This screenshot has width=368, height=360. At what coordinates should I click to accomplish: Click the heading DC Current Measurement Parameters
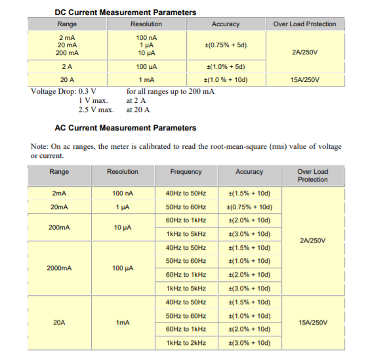pos(125,12)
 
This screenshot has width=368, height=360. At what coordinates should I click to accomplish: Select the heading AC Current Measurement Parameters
pos(125,127)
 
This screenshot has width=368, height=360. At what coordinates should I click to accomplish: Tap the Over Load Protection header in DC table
pos(304,24)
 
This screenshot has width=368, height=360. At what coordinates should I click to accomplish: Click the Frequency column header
pos(186,172)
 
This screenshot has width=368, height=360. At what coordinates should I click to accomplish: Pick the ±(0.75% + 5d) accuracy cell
pos(226,45)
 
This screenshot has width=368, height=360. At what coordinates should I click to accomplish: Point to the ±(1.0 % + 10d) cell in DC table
pos(226,79)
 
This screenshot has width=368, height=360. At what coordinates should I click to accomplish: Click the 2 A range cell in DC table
pos(66,66)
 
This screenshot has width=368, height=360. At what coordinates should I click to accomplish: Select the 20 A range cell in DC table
pos(66,79)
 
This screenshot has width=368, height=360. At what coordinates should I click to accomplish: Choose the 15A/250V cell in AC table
pos(312,322)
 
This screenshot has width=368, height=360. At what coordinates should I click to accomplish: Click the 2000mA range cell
pos(59,268)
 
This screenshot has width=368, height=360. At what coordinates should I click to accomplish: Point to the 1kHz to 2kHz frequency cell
pos(186,342)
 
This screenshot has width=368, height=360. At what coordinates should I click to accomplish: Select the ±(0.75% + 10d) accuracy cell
pos(249,207)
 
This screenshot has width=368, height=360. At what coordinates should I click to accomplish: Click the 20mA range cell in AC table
pos(59,207)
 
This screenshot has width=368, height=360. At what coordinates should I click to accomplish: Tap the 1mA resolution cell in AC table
pos(123,322)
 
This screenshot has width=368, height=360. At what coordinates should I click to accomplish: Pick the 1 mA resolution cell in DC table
pos(146,79)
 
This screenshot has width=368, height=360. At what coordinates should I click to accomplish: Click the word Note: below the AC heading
pos(40,146)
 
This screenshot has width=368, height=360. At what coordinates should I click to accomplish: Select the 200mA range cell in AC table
pos(59,227)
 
